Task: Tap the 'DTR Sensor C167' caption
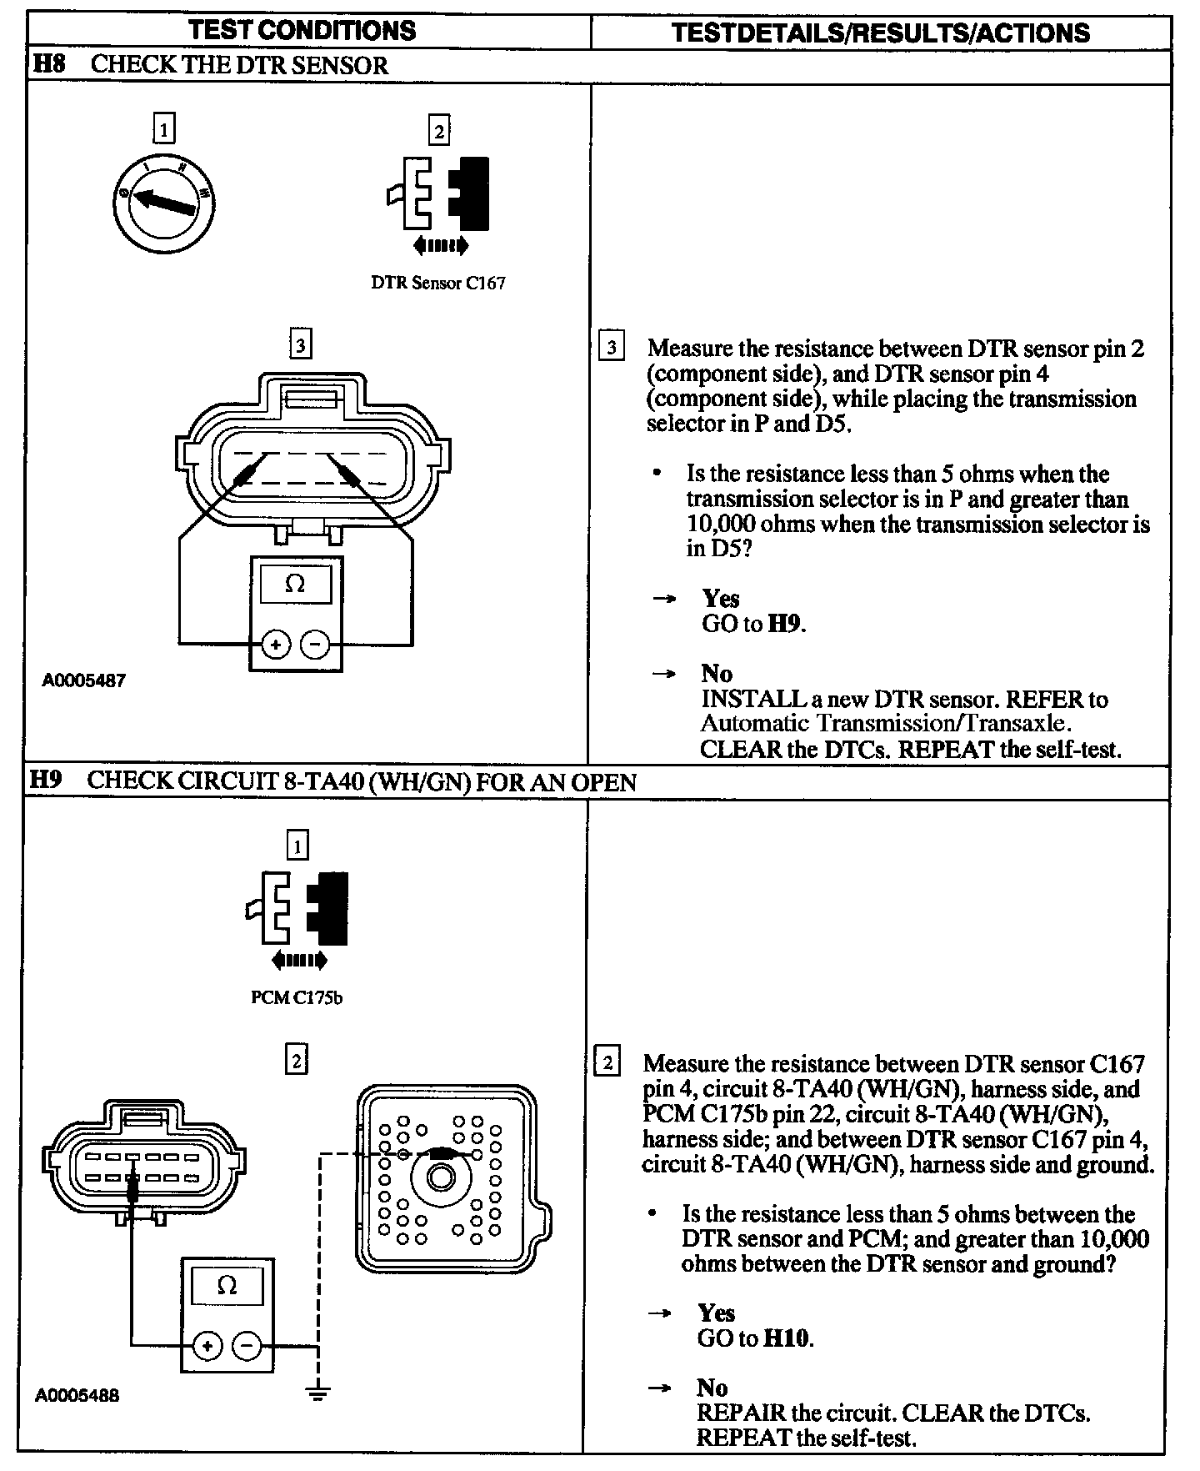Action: (x=437, y=283)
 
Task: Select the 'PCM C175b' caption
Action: (x=297, y=997)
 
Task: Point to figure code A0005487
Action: (x=84, y=680)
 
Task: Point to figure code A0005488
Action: (x=77, y=1395)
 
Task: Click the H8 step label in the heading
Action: (x=48, y=65)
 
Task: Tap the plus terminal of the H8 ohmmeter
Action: (x=275, y=645)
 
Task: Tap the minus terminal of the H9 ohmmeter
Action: (x=247, y=1346)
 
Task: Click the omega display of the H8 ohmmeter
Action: (x=295, y=584)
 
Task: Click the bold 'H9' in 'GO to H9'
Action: (x=785, y=624)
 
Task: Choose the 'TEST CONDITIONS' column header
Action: (x=302, y=31)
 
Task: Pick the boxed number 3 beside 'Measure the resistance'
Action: (x=611, y=347)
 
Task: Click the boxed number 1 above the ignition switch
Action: (x=164, y=129)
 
